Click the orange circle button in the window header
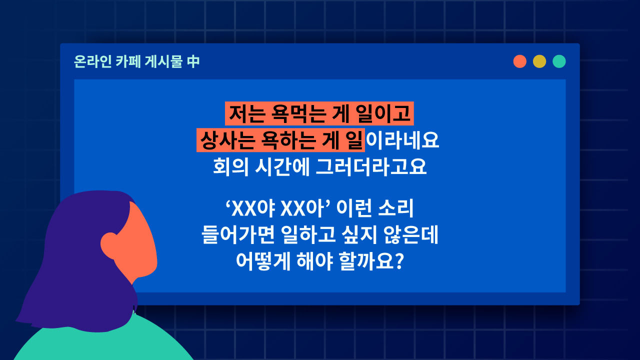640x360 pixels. coord(520,61)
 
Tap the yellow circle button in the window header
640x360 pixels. coord(539,61)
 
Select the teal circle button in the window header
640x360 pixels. coord(559,61)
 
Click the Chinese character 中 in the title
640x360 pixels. coord(193,62)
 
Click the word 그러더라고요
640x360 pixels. coord(371,166)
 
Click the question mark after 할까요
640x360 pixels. coord(398,261)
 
